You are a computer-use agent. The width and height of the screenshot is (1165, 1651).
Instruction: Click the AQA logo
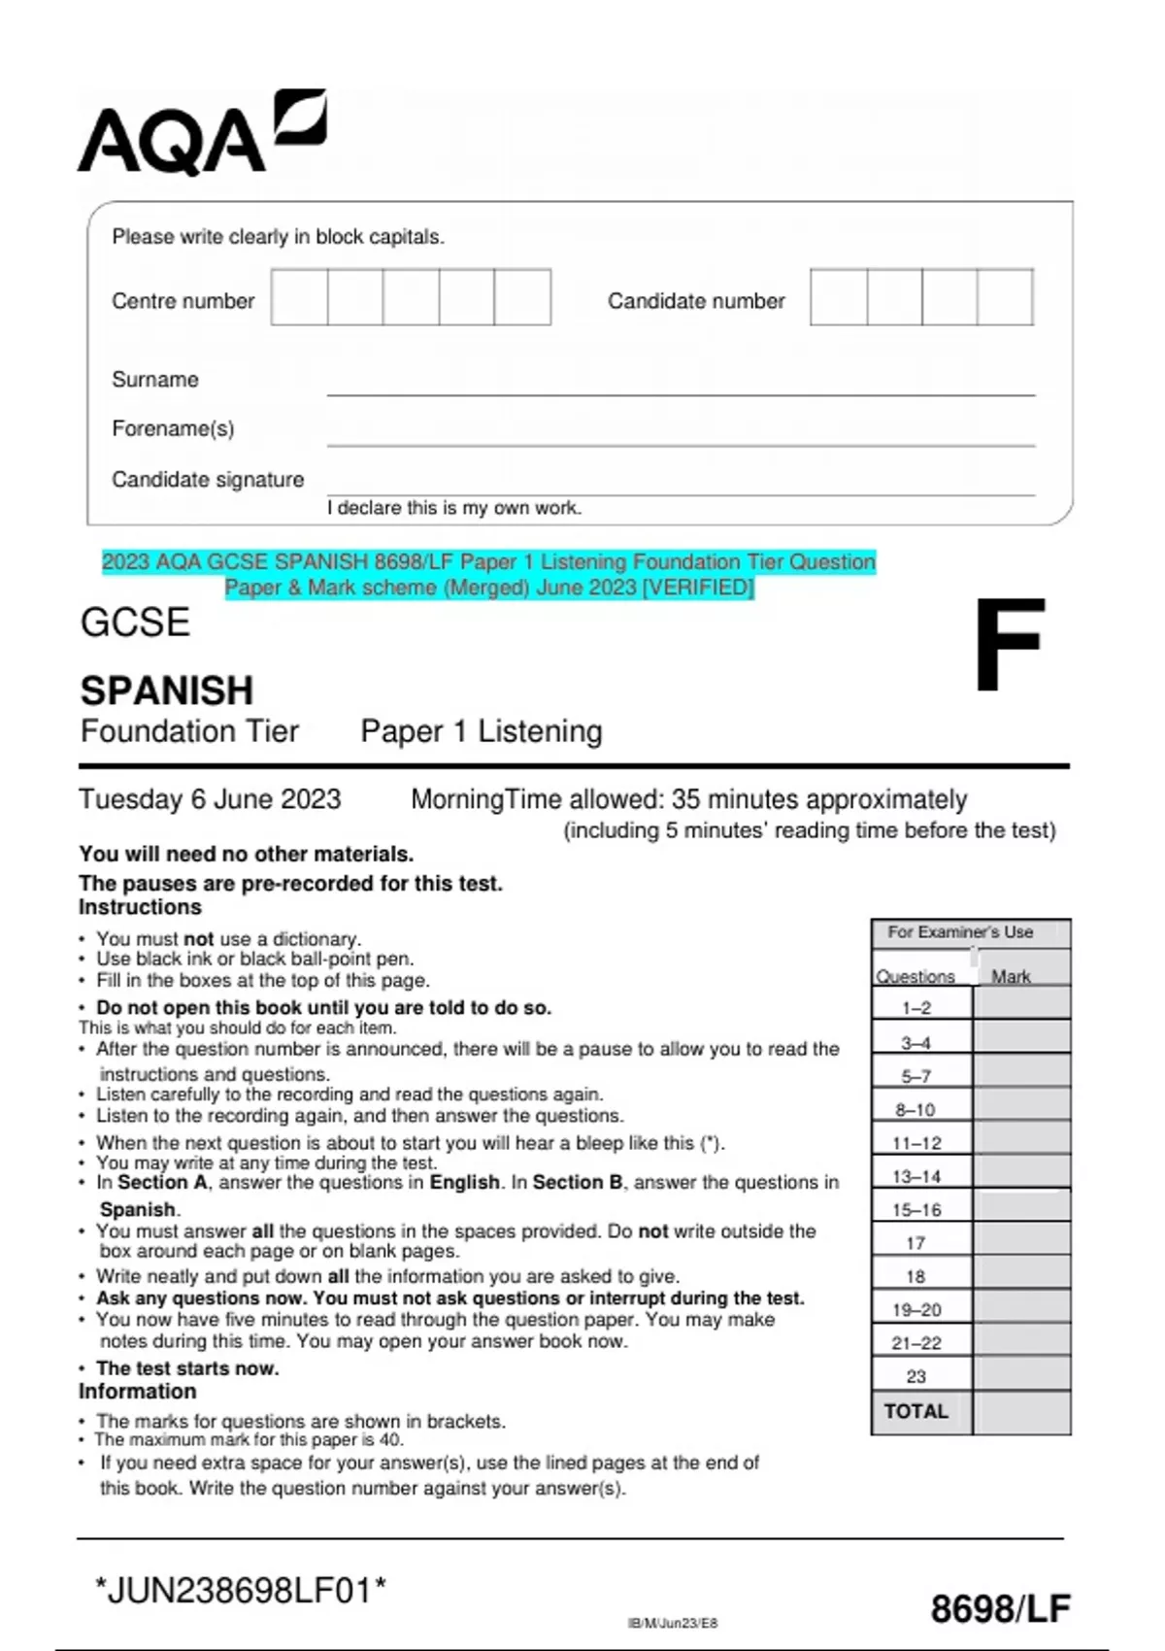point(201,134)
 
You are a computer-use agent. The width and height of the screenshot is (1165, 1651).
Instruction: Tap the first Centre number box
point(299,297)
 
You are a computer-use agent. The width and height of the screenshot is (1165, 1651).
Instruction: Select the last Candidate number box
point(1005,297)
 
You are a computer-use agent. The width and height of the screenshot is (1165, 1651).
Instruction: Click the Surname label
point(155,380)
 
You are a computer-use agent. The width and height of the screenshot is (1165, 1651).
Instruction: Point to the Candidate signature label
point(208,480)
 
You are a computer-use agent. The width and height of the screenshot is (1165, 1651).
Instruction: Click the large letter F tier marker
point(1009,645)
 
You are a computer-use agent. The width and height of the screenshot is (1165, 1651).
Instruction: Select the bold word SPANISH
point(167,691)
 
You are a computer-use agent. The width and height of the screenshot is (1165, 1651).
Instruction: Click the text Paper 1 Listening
point(482,731)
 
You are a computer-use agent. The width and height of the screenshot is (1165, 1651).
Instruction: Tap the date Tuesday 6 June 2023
point(210,799)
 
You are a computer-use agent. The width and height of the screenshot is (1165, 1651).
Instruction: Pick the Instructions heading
point(140,907)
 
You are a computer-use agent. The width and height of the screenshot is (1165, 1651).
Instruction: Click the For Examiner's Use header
point(960,932)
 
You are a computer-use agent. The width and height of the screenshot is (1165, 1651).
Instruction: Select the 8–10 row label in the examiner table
point(915,1109)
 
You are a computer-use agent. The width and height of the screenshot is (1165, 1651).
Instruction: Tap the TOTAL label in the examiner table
point(915,1411)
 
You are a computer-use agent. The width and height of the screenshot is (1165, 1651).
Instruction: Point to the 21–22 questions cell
point(916,1343)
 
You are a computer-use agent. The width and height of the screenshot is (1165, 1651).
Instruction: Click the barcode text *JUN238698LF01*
point(241,1591)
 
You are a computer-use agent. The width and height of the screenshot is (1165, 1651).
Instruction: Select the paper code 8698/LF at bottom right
point(1000,1609)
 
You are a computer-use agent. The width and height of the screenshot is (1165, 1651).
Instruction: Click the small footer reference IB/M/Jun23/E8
point(673,1623)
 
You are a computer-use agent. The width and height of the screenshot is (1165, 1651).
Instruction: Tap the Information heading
point(137,1392)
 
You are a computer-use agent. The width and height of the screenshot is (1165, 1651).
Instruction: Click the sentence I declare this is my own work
point(454,508)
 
